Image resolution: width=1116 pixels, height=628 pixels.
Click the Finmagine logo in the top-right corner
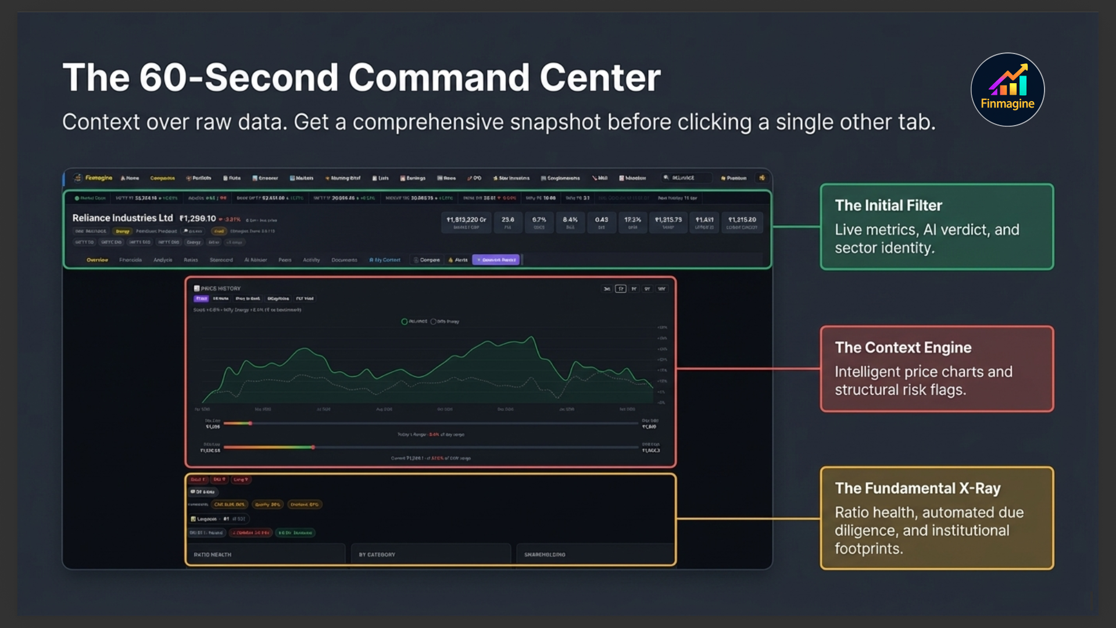click(x=1007, y=90)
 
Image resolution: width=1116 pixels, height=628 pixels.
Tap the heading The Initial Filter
click(x=888, y=205)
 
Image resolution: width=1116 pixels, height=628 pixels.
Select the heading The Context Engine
click(x=903, y=347)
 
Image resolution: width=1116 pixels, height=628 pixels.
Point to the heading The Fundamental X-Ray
click(x=917, y=488)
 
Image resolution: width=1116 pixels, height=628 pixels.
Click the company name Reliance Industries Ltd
click(x=122, y=218)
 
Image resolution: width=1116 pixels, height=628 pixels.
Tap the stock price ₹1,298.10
click(x=198, y=219)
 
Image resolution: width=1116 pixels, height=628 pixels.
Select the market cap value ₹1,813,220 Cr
click(x=466, y=220)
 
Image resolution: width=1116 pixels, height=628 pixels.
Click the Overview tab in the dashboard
click(x=97, y=260)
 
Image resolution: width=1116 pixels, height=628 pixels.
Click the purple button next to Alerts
click(x=496, y=260)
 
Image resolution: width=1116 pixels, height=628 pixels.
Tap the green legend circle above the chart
click(x=405, y=322)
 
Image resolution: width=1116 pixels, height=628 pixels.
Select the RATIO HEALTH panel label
click(x=212, y=555)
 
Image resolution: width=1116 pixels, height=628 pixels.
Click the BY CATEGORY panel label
click(x=377, y=555)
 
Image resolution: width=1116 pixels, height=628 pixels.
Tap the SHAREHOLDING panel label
click(x=544, y=555)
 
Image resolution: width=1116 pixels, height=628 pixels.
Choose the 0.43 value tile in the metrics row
click(x=601, y=220)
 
